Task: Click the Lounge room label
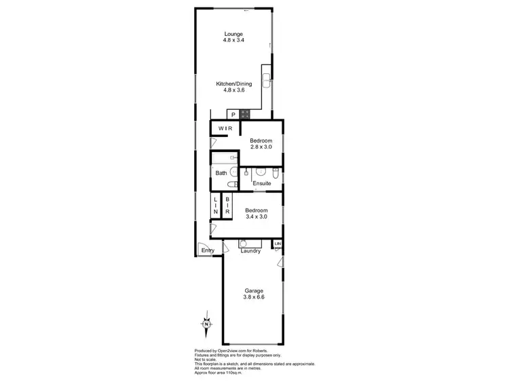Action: click(233, 34)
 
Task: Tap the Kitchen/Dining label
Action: click(233, 83)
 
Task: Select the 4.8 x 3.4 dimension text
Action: click(233, 41)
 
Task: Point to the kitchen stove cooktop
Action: click(245, 114)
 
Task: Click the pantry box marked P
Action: click(233, 115)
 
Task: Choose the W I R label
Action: click(225, 128)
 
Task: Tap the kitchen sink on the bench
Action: click(267, 79)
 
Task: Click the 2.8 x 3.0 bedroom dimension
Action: click(261, 147)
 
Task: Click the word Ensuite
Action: click(262, 184)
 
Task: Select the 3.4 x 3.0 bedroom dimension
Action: click(256, 216)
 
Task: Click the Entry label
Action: click(208, 251)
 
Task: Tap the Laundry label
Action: click(251, 251)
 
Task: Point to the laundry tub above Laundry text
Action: click(246, 243)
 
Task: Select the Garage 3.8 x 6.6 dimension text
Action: click(253, 297)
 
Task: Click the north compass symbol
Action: click(205, 324)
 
